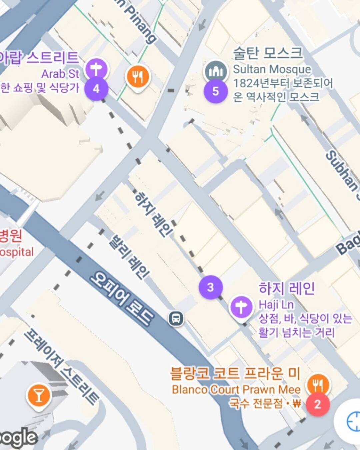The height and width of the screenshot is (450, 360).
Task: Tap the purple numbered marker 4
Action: tap(96, 89)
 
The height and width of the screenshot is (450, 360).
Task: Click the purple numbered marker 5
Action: tap(216, 91)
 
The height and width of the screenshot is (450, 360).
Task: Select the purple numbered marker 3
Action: tap(210, 287)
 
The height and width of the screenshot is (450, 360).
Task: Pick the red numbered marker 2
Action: tap(317, 404)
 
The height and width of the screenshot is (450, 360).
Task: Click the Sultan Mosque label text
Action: tap(272, 69)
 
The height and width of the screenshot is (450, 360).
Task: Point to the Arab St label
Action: tap(60, 73)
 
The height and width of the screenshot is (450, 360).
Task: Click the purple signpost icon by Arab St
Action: tap(96, 69)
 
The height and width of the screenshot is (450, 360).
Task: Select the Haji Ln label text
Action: tap(276, 304)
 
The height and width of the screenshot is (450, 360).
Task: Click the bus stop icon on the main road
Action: tap(176, 318)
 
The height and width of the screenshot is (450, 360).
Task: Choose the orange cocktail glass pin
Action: tap(39, 396)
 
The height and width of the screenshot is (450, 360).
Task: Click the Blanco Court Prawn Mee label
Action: tap(236, 389)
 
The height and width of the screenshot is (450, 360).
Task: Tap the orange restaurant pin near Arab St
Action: tap(138, 77)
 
